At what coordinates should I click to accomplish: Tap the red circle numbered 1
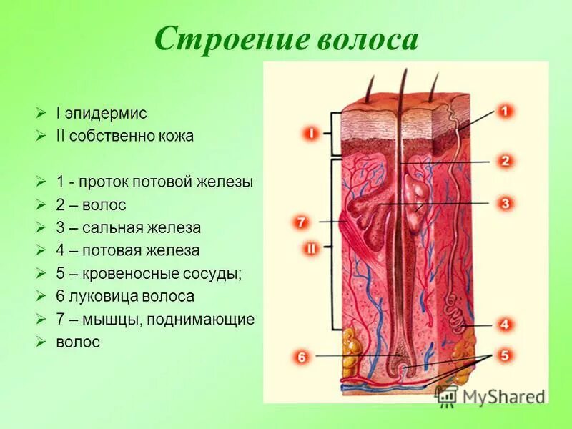[x=505, y=112]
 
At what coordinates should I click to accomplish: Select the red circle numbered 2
[x=505, y=162]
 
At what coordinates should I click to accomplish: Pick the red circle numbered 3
[x=505, y=204]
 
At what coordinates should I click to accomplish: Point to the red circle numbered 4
[x=505, y=325]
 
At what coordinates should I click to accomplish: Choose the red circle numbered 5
[x=505, y=355]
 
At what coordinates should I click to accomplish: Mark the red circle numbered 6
[x=301, y=356]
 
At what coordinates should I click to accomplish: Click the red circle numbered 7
[x=301, y=222]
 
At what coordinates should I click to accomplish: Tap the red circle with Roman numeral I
[x=312, y=133]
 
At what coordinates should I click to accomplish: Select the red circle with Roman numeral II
[x=312, y=249]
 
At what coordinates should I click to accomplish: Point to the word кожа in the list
[x=177, y=136]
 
